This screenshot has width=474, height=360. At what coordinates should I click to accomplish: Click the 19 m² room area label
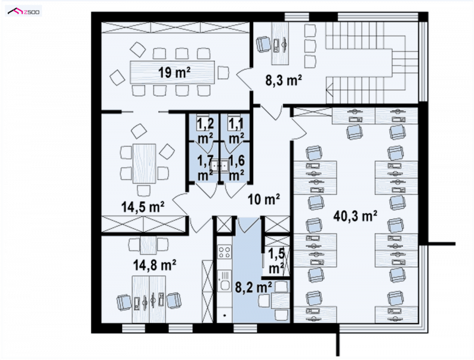tap(174, 73)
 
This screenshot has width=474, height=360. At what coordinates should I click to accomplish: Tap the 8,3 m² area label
tap(284, 81)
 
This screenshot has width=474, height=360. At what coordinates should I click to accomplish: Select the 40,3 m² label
tap(355, 216)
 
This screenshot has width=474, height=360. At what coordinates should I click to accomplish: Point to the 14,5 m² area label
tap(143, 207)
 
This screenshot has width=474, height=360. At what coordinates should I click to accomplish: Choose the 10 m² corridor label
tap(264, 199)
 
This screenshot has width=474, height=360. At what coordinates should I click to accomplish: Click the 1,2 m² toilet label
tap(206, 130)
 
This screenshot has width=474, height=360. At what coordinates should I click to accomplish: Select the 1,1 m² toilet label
tap(236, 130)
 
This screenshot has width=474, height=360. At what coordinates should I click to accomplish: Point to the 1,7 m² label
tap(206, 168)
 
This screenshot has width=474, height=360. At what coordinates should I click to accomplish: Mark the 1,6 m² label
tap(236, 168)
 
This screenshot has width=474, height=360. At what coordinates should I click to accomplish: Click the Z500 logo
tap(24, 11)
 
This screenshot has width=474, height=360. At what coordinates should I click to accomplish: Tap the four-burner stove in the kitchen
tap(225, 252)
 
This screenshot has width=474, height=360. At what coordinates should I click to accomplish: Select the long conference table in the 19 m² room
tap(172, 72)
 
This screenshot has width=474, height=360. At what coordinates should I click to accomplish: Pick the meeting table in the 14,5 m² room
tap(144, 163)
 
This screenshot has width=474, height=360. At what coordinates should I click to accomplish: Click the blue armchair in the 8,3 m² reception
tap(264, 44)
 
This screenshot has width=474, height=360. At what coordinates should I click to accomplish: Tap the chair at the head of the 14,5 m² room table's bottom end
tap(143, 191)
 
